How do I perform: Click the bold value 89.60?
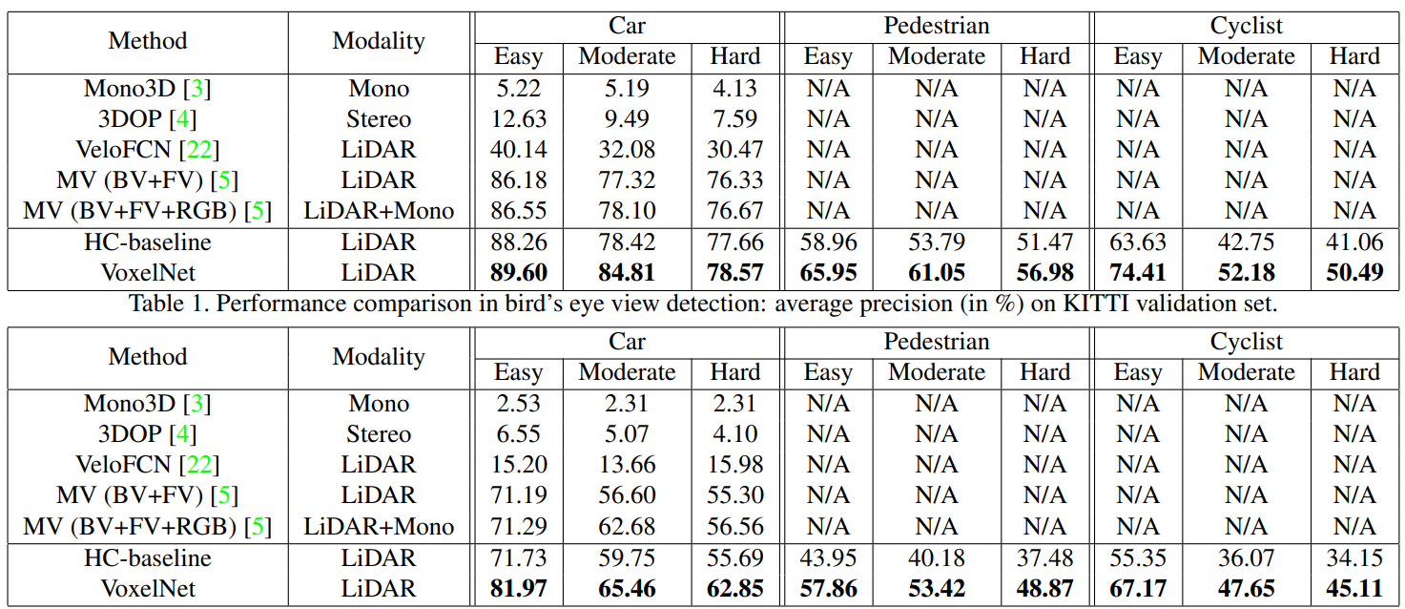coord(518,273)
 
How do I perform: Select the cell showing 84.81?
coord(627,273)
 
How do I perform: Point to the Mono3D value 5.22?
coord(518,89)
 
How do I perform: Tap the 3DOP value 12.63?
coord(518,119)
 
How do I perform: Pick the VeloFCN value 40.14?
coord(518,150)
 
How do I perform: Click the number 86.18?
coord(518,180)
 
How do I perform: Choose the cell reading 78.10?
coord(627,211)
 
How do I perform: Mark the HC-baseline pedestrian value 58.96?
coord(827,242)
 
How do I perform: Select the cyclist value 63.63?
coord(1137,242)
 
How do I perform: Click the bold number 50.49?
coord(1354,273)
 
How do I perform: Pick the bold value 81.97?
coord(518,589)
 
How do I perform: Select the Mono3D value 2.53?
coord(518,404)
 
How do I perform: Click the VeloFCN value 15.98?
coord(734,465)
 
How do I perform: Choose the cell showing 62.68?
coord(627,526)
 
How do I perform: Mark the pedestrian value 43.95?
coord(827,557)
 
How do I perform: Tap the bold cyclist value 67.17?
coord(1137,589)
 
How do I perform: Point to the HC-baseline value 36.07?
coord(1246,557)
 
